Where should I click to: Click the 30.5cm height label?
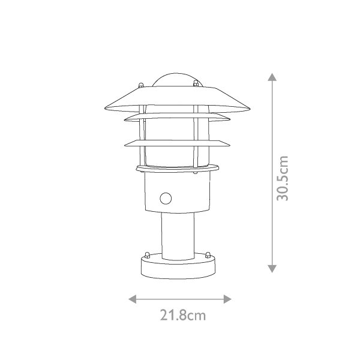tap(282, 178)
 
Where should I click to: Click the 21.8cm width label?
tap(183, 315)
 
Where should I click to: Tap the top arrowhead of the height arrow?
tap(272, 77)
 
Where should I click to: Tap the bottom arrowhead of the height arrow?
tap(272, 269)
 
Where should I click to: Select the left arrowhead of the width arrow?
tap(133, 299)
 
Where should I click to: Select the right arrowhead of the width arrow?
tap(227, 299)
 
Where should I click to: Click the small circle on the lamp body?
tap(166, 199)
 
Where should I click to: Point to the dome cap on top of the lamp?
tap(176, 80)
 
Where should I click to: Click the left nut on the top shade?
tap(141, 85)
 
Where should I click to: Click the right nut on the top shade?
tap(196, 83)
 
